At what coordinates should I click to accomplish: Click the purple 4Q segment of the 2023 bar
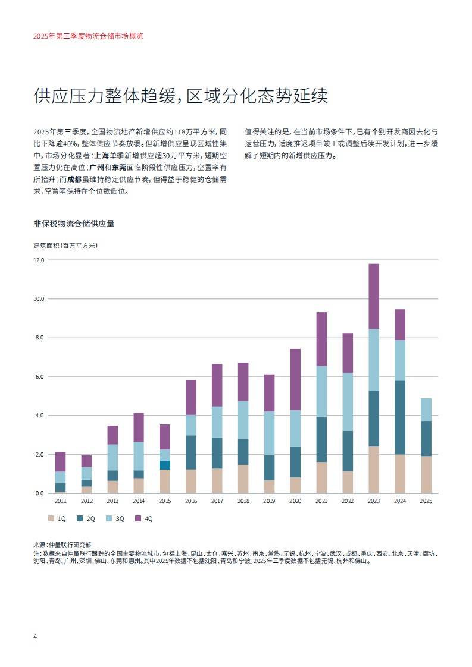(374, 296)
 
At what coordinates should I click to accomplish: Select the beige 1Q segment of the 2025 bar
(426, 474)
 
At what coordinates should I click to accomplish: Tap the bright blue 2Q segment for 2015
(164, 465)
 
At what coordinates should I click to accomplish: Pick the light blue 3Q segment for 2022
(348, 402)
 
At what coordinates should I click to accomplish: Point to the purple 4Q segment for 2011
(60, 461)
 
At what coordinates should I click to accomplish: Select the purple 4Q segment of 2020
(295, 379)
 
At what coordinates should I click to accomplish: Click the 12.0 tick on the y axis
(39, 260)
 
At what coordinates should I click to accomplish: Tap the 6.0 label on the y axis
(39, 377)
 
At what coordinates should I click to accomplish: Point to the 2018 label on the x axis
(243, 502)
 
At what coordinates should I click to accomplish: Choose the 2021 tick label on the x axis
(321, 502)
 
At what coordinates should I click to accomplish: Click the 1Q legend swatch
(51, 518)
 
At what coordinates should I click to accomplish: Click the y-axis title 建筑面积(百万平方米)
(65, 245)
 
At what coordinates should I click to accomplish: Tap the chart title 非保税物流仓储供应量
(74, 224)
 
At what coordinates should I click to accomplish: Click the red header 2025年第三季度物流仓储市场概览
(88, 36)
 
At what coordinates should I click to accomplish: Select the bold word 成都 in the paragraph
(74, 179)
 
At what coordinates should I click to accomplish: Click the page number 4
(35, 637)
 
